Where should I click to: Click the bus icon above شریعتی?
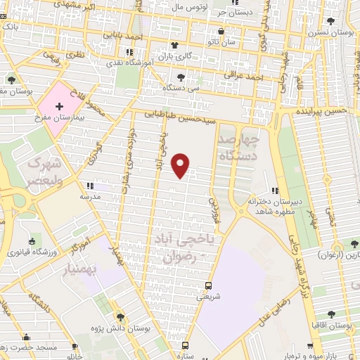207,285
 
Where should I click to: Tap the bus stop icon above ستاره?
185,346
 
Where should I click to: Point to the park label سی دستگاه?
181,88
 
